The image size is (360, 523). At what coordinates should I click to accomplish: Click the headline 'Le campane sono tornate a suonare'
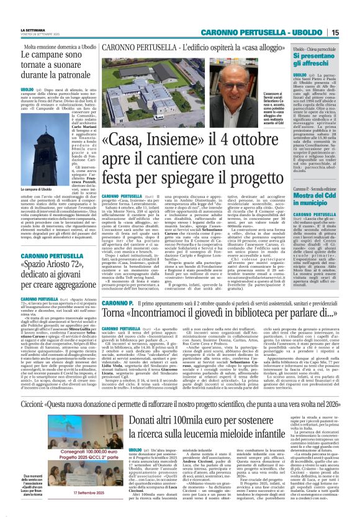50,64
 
